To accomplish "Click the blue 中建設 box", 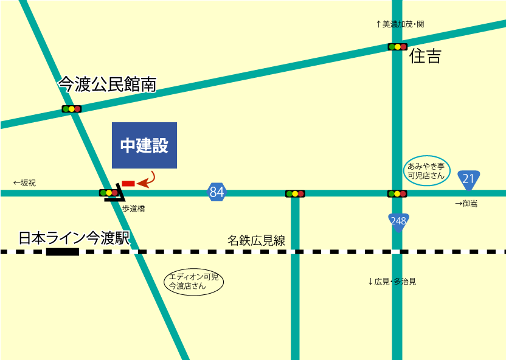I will [144, 145].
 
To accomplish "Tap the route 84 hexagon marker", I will [217, 192].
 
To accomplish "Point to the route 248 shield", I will [398, 221].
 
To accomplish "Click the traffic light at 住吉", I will [397, 47].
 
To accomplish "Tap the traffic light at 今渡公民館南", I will [71, 109].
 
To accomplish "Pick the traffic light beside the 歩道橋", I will [109, 193].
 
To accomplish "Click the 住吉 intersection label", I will [425, 57].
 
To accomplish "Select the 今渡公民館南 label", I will [107, 85].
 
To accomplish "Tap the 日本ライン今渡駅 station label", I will [75, 238].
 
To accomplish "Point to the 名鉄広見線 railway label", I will [256, 240].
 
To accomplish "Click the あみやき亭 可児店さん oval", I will [427, 170].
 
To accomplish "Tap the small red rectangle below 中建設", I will [128, 183].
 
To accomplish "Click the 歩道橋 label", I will [133, 209].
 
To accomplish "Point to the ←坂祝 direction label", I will [25, 182].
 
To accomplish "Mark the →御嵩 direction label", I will [466, 204].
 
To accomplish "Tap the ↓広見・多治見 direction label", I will [392, 282].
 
